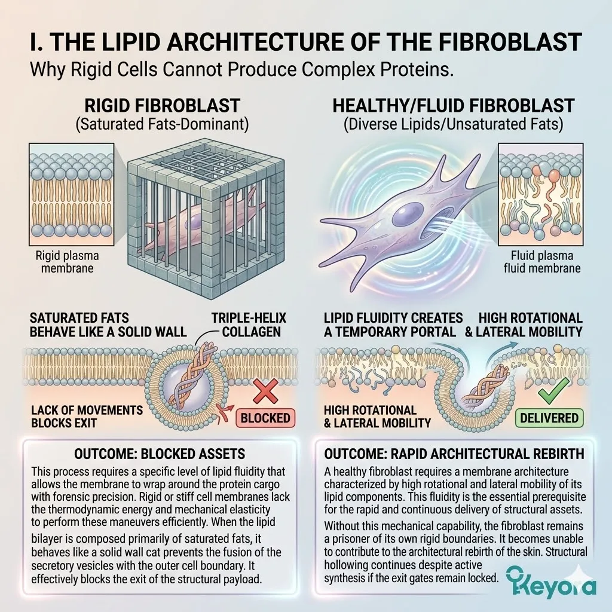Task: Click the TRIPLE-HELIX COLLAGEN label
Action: (x=247, y=324)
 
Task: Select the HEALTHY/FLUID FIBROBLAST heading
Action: (x=453, y=106)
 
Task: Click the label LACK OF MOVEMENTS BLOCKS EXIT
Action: (x=86, y=417)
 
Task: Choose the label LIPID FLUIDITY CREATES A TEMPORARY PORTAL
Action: (x=393, y=324)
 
